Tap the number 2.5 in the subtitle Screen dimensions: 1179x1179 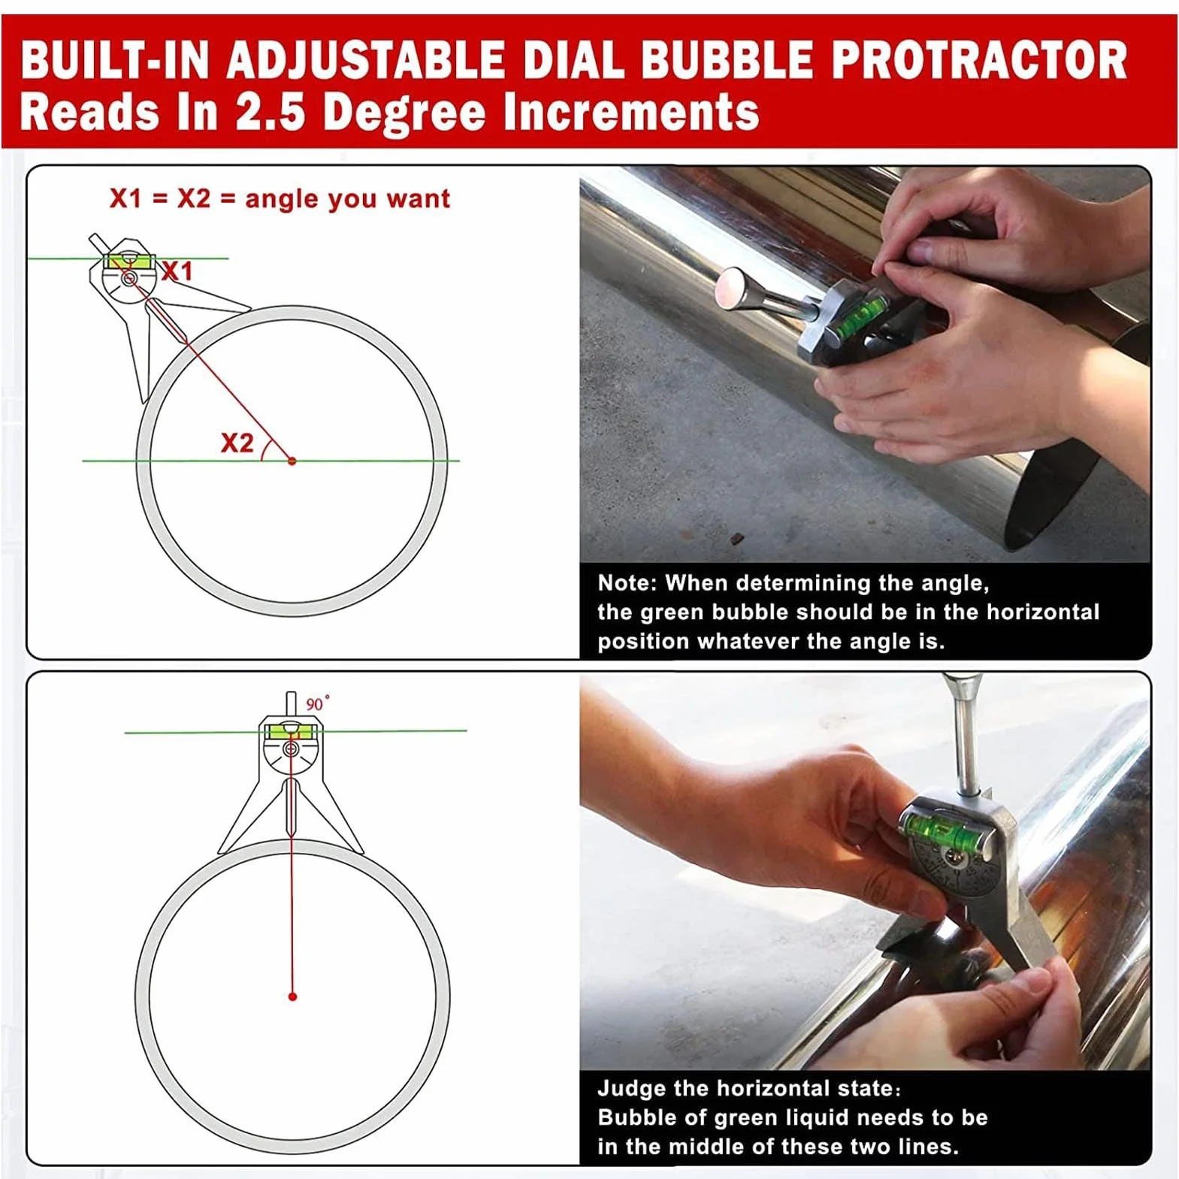pos(271,112)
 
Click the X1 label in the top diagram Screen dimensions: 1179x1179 pos(177,271)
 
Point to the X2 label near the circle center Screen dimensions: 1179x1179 pos(237,443)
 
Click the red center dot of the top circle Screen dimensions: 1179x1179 pos(292,461)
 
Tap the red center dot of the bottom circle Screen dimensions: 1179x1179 pos(292,996)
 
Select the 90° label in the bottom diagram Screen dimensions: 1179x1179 pos(317,703)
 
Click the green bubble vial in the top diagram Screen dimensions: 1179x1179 pos(130,261)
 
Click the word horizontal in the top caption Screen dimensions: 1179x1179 pos(1042,612)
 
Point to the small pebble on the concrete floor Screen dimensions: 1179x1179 pos(738,538)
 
